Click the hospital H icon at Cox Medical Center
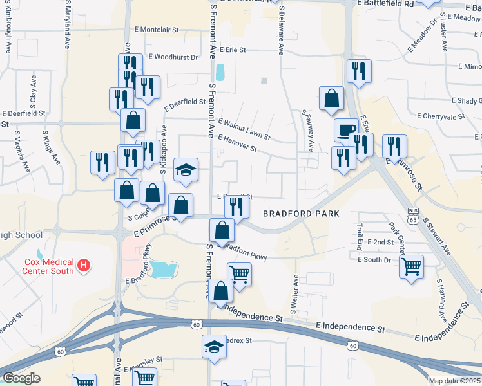[82, 264]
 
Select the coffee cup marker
[346, 130]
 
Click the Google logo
[21, 378]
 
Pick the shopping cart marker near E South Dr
[411, 264]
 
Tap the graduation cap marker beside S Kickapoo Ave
[186, 170]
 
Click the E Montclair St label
[157, 30]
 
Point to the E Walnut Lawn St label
[244, 129]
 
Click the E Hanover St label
[237, 143]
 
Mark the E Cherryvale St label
[441, 116]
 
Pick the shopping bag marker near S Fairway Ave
[331, 99]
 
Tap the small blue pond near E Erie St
[220, 72]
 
